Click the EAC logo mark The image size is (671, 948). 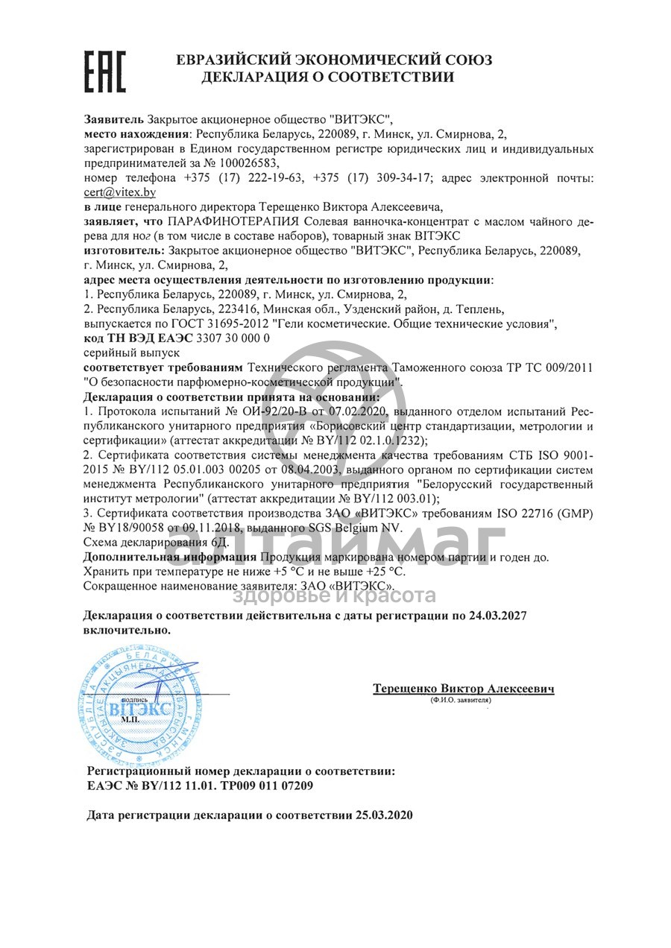[104, 72]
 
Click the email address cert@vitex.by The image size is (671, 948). [120, 192]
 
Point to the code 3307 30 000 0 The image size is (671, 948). [232, 338]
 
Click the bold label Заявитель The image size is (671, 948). [114, 120]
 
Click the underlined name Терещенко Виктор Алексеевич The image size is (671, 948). [463, 689]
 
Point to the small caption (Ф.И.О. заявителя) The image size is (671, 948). [461, 701]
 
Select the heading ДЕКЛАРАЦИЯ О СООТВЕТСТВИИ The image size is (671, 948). [327, 77]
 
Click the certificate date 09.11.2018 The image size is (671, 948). [204, 528]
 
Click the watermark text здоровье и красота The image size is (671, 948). [334, 595]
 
